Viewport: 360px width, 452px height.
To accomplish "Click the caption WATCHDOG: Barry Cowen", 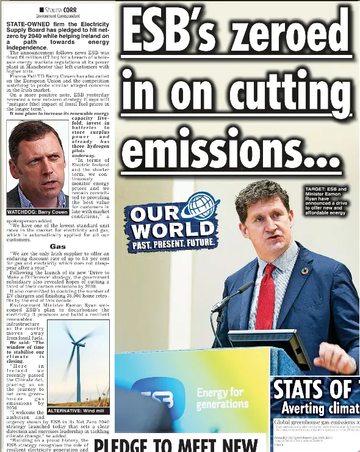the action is coord(37,212).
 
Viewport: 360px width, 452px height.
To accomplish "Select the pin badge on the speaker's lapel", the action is coord(305,271).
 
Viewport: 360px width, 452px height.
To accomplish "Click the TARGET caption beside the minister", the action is coord(326,201).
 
